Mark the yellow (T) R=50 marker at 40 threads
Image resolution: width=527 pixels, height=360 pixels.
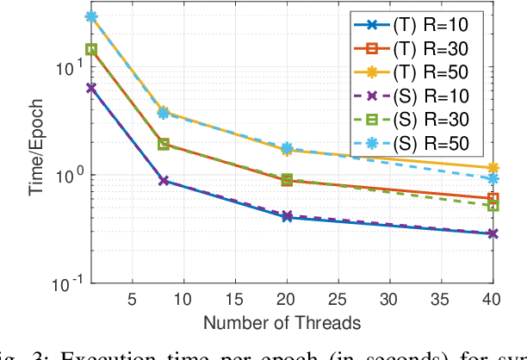pyautogui.click(x=493, y=168)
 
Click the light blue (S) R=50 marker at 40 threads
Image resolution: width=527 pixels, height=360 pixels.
pyautogui.click(x=493, y=178)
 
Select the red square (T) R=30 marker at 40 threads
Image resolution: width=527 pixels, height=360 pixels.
pyautogui.click(x=493, y=198)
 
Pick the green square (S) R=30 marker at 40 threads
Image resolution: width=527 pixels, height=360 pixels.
pyautogui.click(x=493, y=206)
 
